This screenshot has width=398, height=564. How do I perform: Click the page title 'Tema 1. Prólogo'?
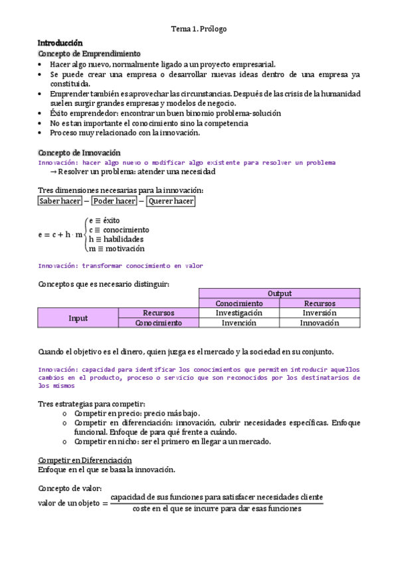(x=199, y=29)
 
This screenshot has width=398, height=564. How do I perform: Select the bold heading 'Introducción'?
(x=60, y=43)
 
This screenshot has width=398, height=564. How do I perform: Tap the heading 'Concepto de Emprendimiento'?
(x=89, y=53)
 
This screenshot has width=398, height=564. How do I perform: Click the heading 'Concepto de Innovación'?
(x=80, y=152)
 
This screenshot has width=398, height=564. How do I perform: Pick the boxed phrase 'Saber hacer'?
(x=60, y=201)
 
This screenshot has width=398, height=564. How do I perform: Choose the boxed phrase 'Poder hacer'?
(x=114, y=201)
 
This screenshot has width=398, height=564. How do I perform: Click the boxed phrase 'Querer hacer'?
(x=171, y=201)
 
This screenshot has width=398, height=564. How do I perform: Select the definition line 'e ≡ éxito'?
(x=104, y=220)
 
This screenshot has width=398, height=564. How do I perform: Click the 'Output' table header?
(x=279, y=293)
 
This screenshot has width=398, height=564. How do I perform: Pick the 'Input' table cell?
(x=78, y=318)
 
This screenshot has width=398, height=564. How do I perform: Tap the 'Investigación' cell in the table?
(x=239, y=313)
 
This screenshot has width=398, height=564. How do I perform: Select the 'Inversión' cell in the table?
(x=319, y=313)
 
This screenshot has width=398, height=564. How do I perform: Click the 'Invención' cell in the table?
(x=239, y=323)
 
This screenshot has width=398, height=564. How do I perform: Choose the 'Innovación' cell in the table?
(x=319, y=323)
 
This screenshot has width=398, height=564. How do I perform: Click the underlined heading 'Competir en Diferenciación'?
(x=85, y=460)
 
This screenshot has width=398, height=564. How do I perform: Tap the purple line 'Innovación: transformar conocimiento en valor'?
(x=120, y=266)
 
